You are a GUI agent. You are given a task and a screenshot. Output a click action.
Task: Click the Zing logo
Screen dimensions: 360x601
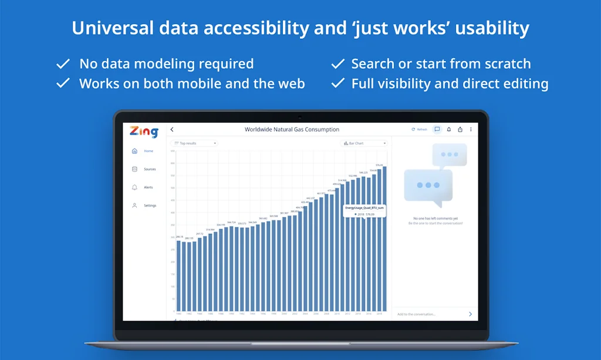click(x=144, y=132)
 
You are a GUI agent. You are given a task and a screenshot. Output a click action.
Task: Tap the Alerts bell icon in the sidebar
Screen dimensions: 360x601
click(x=134, y=187)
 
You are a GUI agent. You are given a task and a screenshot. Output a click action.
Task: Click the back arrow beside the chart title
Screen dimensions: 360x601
click(x=172, y=129)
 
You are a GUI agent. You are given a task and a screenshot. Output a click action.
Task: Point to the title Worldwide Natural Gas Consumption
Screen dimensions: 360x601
click(x=292, y=129)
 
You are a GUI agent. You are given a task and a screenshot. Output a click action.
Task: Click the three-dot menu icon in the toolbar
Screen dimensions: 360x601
click(x=471, y=129)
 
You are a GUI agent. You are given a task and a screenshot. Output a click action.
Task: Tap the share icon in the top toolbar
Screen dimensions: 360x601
click(x=460, y=129)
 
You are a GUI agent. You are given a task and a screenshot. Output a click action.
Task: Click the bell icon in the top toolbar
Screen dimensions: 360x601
click(x=449, y=129)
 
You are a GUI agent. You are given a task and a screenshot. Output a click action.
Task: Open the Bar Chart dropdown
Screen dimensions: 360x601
click(x=364, y=143)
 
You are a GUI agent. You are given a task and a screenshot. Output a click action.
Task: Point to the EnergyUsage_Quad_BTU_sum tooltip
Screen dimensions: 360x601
click(x=364, y=211)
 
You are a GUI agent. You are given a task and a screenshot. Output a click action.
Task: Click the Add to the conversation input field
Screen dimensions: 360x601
click(x=428, y=314)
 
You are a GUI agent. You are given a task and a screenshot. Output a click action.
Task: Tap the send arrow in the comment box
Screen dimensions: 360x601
click(x=470, y=314)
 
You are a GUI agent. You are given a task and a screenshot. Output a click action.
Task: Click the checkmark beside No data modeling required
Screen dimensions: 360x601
click(x=63, y=63)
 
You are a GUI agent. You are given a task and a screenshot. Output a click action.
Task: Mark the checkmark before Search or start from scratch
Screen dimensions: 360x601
click(x=337, y=63)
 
